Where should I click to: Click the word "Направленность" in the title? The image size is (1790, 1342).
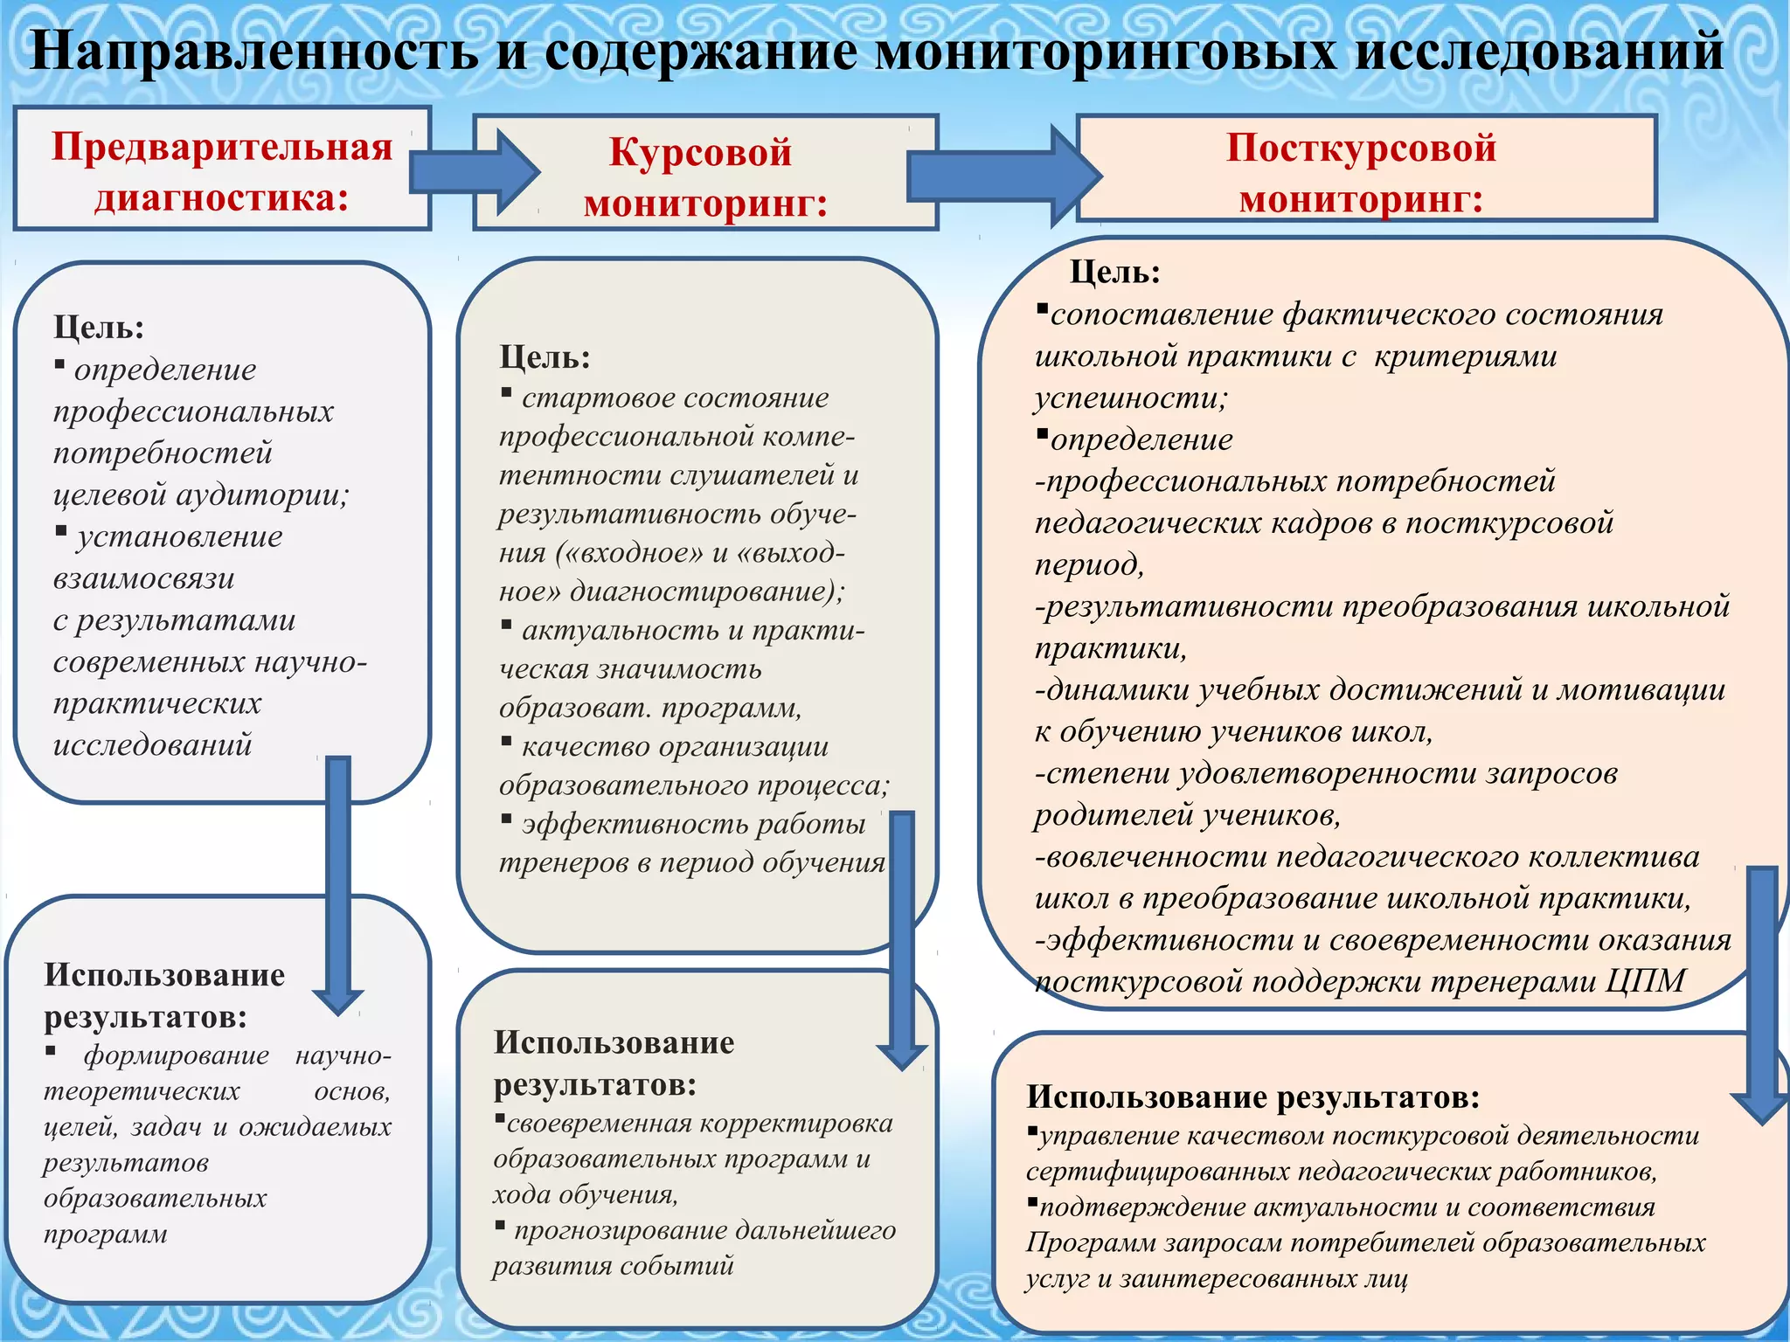(254, 51)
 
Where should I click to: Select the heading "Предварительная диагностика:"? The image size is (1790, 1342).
(222, 171)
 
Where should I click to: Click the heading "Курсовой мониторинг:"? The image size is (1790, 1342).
(704, 177)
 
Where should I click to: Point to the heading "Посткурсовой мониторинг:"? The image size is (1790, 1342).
(1361, 172)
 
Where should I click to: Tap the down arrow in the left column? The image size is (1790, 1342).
(338, 882)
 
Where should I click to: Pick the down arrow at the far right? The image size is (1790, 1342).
(1761, 996)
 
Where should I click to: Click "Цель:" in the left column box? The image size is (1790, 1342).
(99, 328)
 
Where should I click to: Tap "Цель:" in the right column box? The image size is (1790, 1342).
(1114, 273)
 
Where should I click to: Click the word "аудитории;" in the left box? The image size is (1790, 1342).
(262, 495)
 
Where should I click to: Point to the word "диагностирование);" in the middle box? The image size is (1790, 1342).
(707, 591)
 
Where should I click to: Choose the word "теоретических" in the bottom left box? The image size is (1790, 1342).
(142, 1091)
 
